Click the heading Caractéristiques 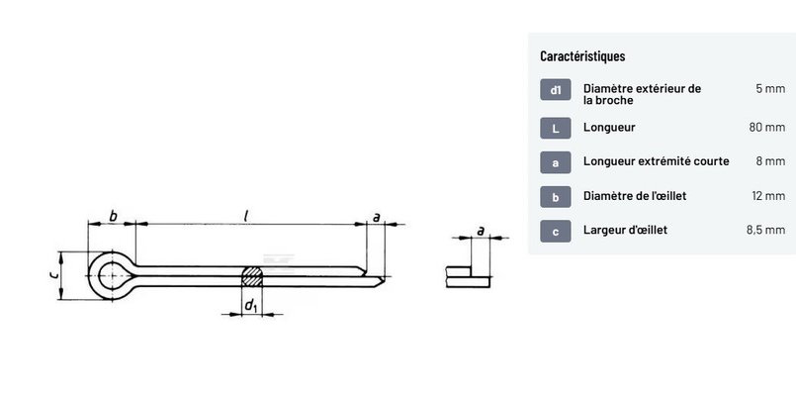point(582,55)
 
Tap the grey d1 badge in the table point(556,90)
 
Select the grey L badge point(556,128)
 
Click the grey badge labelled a point(556,162)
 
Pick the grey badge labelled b point(556,197)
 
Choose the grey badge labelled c point(556,232)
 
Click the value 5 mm point(770,88)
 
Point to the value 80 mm point(767,127)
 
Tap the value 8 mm point(770,161)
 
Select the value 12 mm point(768,196)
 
